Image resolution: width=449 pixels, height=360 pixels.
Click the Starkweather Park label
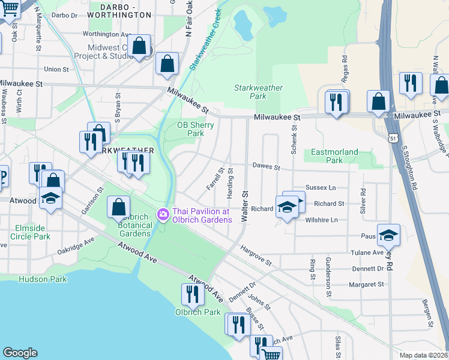click(258, 92)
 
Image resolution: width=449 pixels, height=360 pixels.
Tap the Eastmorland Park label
click(334, 157)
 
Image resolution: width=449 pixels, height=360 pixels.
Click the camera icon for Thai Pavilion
click(163, 214)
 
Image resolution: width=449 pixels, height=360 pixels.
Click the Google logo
click(20, 353)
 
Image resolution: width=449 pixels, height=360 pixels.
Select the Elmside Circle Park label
click(30, 232)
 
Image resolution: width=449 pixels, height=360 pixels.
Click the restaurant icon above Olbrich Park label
click(192, 294)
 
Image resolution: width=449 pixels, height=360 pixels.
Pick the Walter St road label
click(244, 207)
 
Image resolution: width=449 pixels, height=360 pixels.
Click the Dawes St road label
click(267, 166)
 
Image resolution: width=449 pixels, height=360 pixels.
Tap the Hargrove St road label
click(256, 255)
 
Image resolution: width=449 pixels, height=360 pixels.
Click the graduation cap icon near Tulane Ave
click(388, 235)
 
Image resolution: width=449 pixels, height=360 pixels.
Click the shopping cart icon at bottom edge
click(271, 354)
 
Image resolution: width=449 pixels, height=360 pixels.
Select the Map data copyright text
click(424, 355)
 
